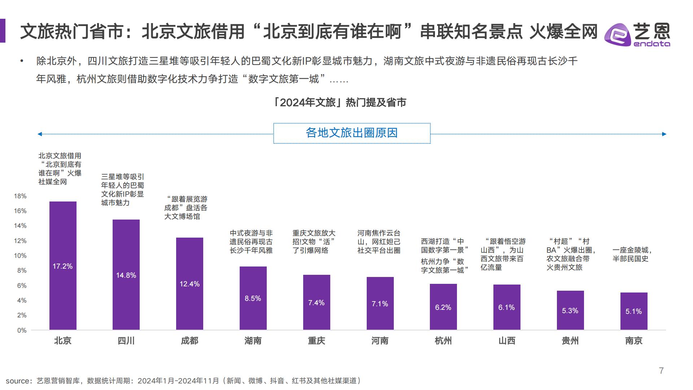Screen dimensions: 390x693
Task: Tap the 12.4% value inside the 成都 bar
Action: tap(189, 284)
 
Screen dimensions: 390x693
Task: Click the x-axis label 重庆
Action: tap(316, 341)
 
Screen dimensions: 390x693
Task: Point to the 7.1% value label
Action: tap(380, 304)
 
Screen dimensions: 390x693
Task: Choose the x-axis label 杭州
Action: tap(443, 341)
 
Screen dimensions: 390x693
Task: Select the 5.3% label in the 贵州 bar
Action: tap(570, 311)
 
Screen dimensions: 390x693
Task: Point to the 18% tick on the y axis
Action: tap(20, 196)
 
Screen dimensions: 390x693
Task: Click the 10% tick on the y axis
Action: tap(20, 256)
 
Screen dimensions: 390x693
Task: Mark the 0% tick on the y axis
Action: tap(22, 330)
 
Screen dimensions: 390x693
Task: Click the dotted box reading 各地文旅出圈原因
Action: tap(352, 133)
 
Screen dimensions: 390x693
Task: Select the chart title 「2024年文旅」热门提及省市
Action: tap(340, 103)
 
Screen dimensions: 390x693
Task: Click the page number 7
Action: tap(661, 370)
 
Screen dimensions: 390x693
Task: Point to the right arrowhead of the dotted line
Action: tap(664, 134)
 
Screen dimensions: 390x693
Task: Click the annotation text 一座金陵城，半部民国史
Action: tap(632, 254)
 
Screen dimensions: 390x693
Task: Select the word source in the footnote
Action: tap(17, 381)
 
